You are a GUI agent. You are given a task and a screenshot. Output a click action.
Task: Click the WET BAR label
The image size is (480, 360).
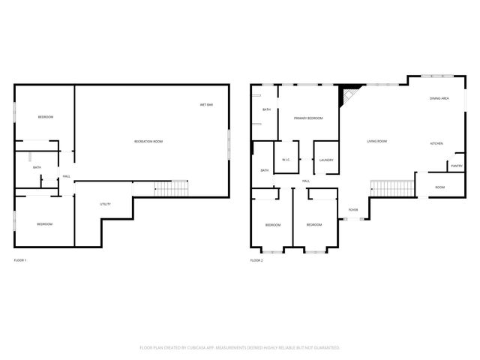point(206,104)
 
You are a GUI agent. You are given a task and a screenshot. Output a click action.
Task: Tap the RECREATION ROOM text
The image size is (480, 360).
point(148,142)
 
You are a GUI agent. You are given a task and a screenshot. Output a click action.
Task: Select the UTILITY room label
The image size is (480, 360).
point(106,204)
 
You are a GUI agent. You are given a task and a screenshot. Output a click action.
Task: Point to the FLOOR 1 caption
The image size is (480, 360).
point(20,260)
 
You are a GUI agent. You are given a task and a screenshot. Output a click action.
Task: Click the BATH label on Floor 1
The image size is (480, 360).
point(36,167)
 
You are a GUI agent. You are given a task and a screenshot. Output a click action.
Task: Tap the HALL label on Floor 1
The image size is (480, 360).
point(67,177)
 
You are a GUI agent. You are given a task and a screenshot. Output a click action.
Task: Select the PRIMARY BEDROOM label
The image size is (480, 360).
point(308,118)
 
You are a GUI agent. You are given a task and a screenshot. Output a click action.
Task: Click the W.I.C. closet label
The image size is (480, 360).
point(286,160)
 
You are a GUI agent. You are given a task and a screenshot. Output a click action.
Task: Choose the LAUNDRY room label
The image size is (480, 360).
point(325,160)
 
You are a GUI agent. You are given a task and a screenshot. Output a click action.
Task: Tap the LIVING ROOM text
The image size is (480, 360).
point(376,141)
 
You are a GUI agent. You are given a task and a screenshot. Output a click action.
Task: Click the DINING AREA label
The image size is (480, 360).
point(439,98)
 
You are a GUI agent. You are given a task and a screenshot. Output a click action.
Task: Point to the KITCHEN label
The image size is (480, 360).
point(436,143)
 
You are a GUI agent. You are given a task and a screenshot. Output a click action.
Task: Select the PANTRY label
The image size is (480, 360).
point(456,166)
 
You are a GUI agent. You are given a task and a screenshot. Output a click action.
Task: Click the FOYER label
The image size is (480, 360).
point(352,210)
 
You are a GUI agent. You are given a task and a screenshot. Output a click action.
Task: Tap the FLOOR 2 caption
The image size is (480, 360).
point(256,260)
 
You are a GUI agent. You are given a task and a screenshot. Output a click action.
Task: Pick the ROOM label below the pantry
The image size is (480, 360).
point(439,187)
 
